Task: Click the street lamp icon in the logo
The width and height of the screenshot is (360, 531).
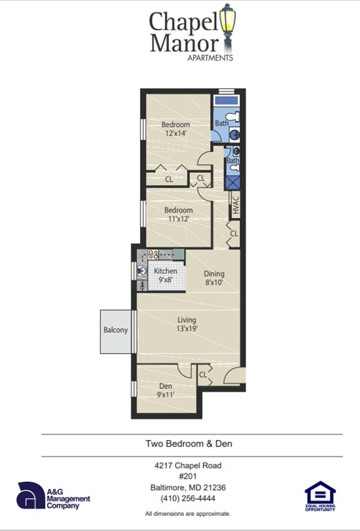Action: pos(228,24)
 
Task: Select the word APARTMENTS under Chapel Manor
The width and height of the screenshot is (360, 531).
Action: pos(210,58)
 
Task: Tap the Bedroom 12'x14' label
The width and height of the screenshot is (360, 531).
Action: pos(176,129)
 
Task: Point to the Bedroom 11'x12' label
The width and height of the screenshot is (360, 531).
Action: pos(177,214)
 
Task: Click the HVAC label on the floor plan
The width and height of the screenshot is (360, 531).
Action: pos(234,206)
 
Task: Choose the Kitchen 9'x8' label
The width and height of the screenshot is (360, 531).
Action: pos(166,275)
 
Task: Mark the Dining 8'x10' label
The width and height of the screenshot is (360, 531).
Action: pos(214,278)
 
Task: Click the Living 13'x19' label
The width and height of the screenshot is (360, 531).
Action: pos(187,324)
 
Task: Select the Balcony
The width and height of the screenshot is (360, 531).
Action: pos(116,330)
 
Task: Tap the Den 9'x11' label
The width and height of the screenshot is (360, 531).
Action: pos(166,390)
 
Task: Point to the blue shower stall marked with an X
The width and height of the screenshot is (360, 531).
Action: pos(233,183)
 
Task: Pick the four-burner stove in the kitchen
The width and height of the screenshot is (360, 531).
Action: pos(154,254)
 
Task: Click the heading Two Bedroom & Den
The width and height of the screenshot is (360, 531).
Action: pos(188,444)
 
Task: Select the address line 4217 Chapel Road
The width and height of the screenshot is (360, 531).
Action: pos(188,465)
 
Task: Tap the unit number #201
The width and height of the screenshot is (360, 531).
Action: pos(188,477)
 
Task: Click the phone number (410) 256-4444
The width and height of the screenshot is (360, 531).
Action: pos(188,498)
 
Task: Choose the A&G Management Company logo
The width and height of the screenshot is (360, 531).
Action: pos(53,497)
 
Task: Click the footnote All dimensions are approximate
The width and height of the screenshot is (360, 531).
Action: pos(188,514)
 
